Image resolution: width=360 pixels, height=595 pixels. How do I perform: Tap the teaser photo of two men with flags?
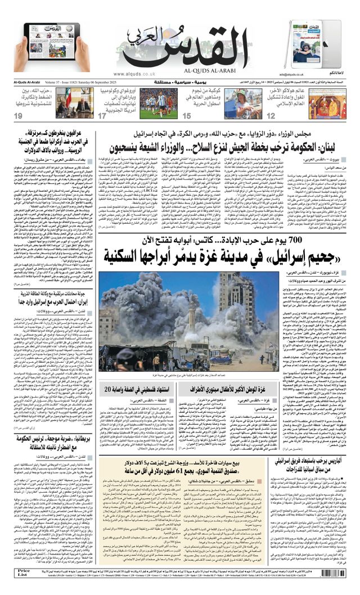tap(73, 102)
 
